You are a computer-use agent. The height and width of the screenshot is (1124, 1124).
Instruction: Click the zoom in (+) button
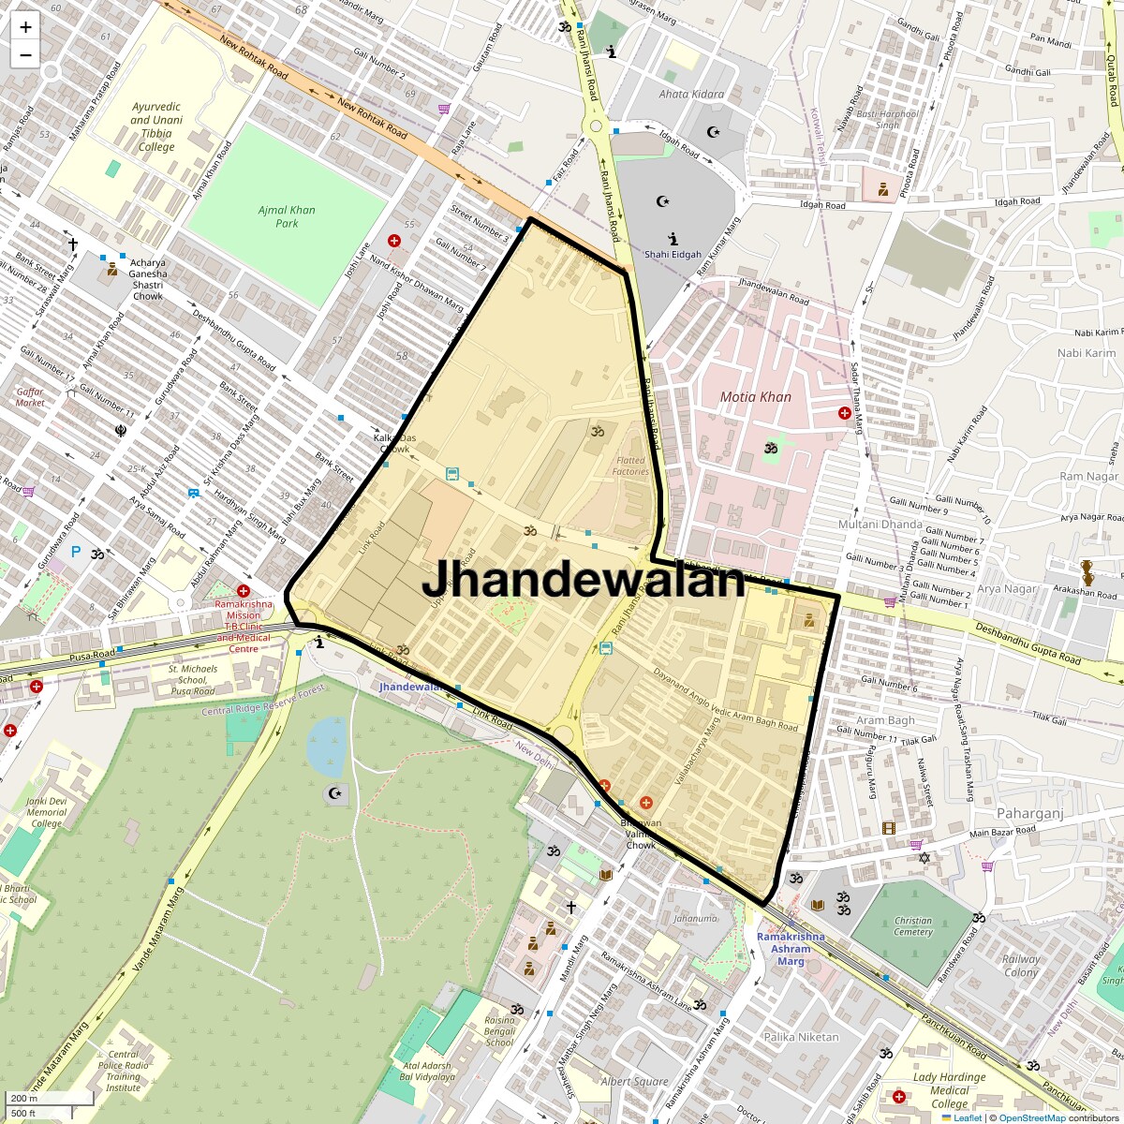click(25, 27)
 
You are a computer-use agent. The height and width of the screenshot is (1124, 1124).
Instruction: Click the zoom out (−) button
click(25, 55)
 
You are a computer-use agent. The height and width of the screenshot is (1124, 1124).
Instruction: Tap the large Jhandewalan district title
click(583, 580)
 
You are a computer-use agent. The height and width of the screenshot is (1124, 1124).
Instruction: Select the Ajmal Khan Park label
click(287, 216)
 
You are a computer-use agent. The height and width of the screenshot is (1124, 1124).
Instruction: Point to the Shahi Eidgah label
click(673, 255)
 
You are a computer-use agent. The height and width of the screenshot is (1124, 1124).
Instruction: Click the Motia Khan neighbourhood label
click(755, 397)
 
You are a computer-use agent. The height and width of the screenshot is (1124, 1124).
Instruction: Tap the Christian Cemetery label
click(912, 926)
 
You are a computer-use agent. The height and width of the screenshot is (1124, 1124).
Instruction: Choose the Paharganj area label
click(1029, 814)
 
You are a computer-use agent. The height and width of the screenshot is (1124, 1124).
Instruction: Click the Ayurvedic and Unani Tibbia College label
click(156, 126)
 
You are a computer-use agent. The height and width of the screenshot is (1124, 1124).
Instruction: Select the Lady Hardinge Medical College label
click(949, 1090)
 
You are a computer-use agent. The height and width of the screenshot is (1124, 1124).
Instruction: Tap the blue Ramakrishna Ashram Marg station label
click(791, 949)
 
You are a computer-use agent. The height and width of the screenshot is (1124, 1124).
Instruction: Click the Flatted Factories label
click(631, 466)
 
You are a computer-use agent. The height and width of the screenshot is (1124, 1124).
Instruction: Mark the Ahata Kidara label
click(691, 94)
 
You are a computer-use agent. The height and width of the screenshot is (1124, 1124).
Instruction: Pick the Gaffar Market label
click(30, 397)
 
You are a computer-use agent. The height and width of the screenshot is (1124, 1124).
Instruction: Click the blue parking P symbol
click(76, 553)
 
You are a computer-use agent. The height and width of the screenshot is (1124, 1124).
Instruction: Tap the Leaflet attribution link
click(968, 1117)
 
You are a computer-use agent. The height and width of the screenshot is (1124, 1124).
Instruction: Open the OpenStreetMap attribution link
click(1032, 1117)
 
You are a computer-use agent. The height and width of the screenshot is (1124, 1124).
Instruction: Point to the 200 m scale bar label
click(25, 1099)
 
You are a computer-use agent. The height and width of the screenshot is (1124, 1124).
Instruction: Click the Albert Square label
click(634, 1081)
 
